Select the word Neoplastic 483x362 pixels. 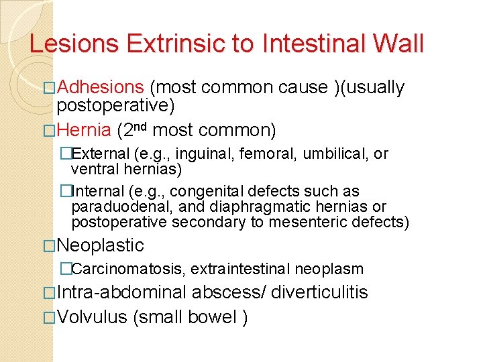(101, 245)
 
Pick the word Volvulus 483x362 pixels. (92, 317)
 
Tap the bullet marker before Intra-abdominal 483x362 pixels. (48, 293)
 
